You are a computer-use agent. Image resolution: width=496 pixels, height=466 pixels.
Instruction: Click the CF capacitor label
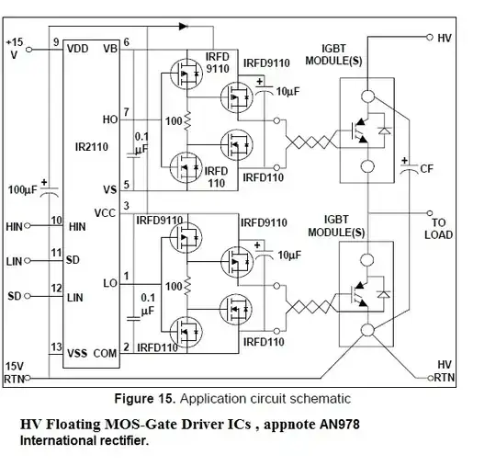[425, 168]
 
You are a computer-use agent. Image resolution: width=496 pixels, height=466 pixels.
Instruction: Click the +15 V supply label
[15, 47]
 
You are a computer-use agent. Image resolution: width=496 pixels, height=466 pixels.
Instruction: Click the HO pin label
[111, 119]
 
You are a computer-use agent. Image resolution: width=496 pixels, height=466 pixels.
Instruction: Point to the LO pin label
[110, 283]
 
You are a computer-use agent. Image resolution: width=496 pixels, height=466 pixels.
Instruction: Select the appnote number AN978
[330, 425]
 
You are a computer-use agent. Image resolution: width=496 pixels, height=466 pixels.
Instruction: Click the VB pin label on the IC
[110, 48]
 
